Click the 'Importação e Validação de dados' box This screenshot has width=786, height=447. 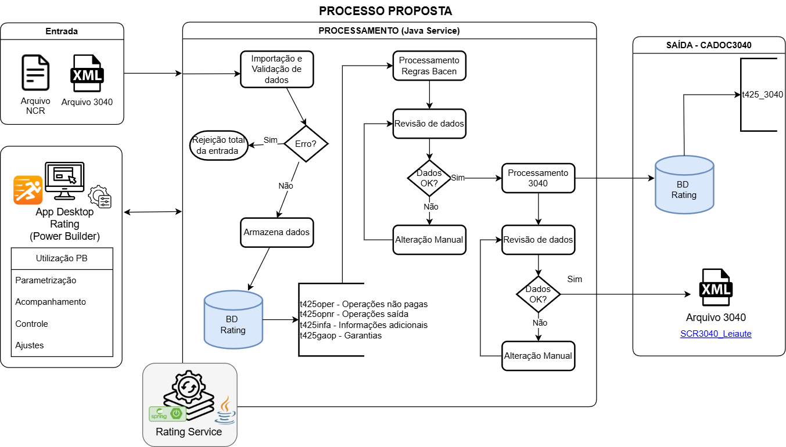276,70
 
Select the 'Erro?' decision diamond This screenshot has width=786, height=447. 306,143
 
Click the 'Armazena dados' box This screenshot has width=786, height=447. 277,232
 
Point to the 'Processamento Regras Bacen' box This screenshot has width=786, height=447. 430,66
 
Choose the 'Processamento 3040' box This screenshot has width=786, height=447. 538,178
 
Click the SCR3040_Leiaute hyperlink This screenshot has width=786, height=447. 716,334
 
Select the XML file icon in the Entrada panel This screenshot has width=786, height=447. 87,74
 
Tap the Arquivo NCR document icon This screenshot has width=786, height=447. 35,73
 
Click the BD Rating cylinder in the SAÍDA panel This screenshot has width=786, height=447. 684,185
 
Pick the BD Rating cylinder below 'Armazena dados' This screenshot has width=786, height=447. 233,320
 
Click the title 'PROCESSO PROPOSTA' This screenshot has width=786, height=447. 385,11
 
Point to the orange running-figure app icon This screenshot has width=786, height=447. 28,190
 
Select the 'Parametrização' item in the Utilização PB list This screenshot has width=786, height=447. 46,280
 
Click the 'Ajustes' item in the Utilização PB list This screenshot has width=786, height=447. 30,345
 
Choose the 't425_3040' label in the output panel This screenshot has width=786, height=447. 763,95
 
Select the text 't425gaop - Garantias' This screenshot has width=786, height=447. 340,336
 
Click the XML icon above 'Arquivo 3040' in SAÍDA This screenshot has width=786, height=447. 716,288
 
